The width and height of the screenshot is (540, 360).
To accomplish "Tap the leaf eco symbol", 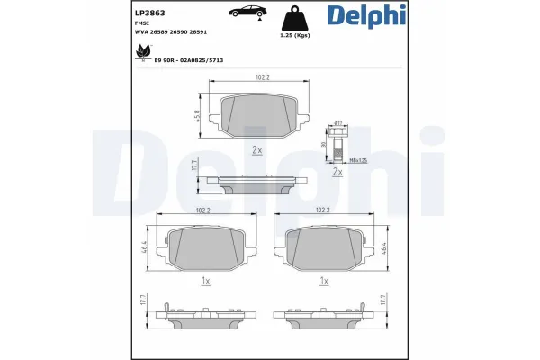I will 140,55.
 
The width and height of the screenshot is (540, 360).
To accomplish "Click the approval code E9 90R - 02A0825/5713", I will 189,60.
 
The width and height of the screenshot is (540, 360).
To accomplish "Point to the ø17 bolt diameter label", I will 338,121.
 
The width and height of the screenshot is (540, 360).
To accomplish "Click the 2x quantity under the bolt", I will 337,171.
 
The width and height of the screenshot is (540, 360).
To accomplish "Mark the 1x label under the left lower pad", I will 206,281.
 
